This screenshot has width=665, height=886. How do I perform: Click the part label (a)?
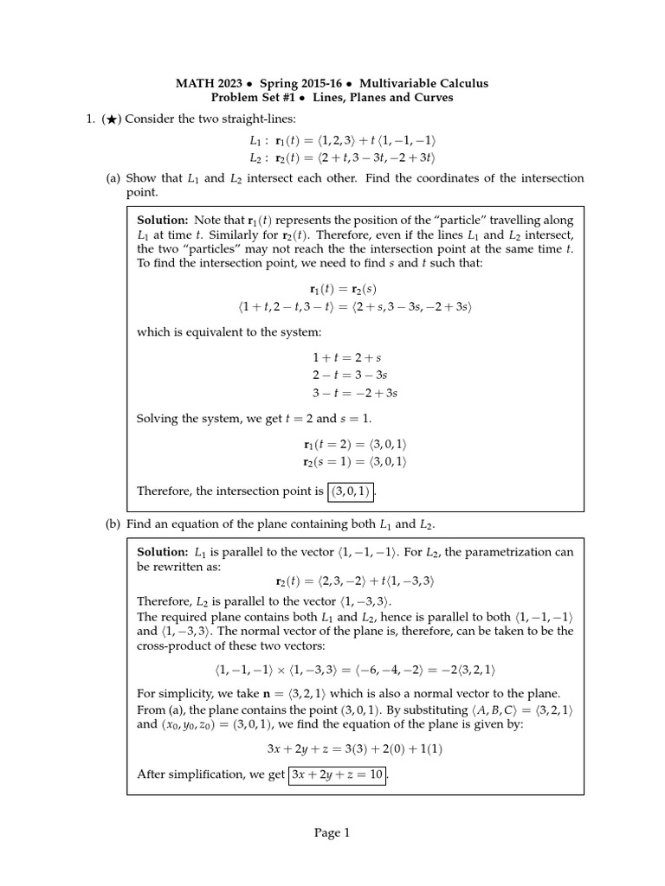pyautogui.click(x=113, y=178)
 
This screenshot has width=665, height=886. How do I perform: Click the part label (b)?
pyautogui.click(x=113, y=524)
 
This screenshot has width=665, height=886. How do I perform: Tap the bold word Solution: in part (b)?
pyautogui.click(x=163, y=551)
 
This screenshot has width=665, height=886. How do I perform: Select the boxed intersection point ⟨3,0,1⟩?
pyautogui.click(x=350, y=491)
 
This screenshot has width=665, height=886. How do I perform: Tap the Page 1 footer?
pyautogui.click(x=332, y=834)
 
